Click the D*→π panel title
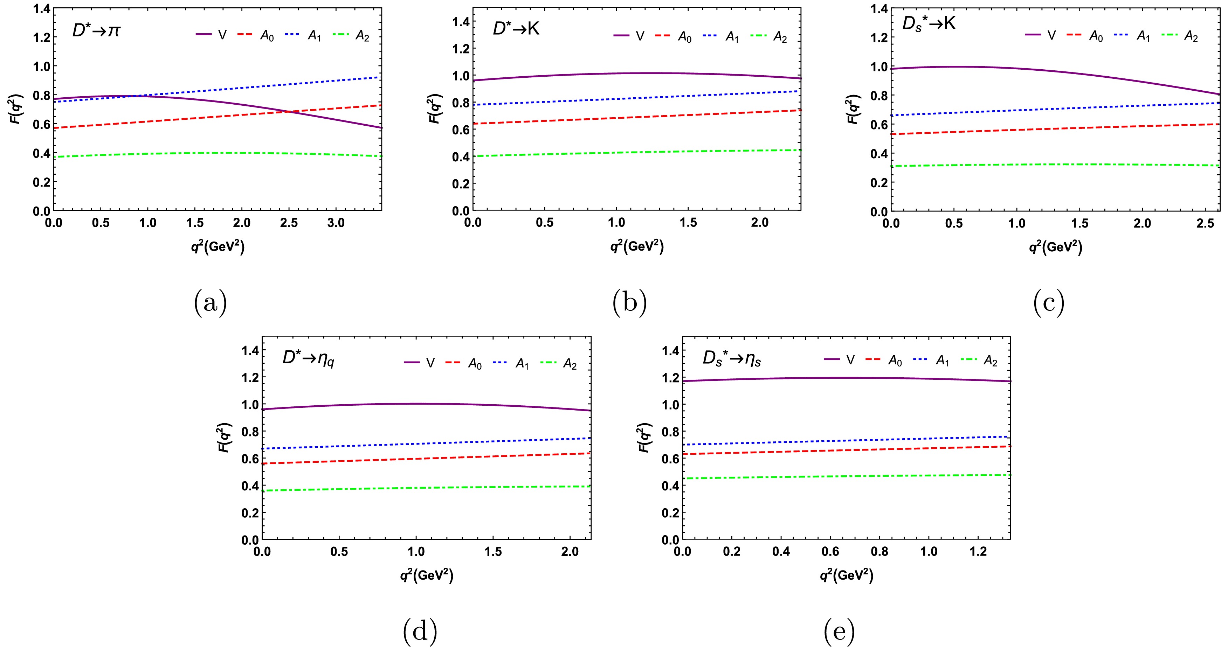[x=96, y=31]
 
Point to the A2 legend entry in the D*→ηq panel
[x=559, y=364]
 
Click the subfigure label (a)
[x=210, y=303]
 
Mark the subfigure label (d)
[x=420, y=631]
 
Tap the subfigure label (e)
[x=839, y=631]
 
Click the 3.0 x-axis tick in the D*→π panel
[x=336, y=223]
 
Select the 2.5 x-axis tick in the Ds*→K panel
[x=1204, y=223]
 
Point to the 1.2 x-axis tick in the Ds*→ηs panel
[x=978, y=551]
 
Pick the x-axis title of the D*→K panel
[x=637, y=246]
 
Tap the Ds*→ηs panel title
[x=732, y=358]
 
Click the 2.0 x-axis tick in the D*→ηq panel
[x=570, y=551]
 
